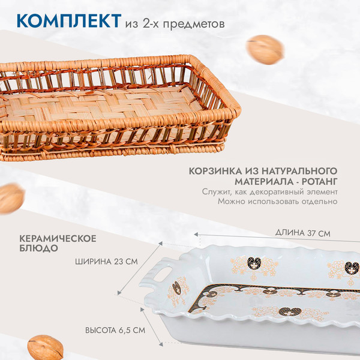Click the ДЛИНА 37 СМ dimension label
tap(301, 232)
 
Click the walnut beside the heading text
tap(265, 49)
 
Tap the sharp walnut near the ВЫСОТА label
tap(46, 347)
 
